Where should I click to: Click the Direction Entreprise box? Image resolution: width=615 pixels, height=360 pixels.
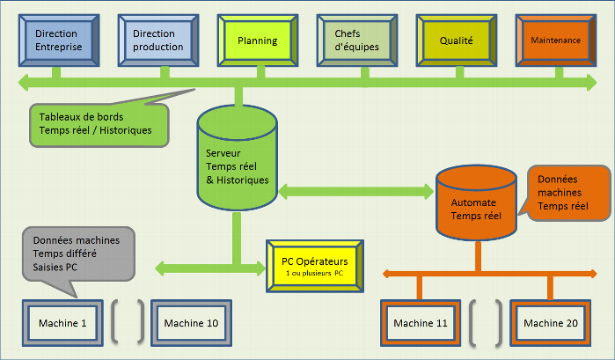click(x=56, y=40)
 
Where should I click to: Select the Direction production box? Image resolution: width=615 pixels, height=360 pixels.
click(x=158, y=40)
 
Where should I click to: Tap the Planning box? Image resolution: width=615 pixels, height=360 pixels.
click(x=258, y=40)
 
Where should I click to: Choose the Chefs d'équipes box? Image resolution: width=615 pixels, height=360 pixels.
click(x=357, y=40)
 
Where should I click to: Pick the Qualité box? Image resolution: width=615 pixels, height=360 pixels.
click(x=458, y=40)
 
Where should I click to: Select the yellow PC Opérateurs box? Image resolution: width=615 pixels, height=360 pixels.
click(x=315, y=267)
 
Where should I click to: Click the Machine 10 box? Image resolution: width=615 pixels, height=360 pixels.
click(x=191, y=324)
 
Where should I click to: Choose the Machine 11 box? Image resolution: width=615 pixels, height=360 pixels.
click(x=421, y=324)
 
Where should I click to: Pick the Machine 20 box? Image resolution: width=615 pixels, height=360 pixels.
click(x=551, y=324)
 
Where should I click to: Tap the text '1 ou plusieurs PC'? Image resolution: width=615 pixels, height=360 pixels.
click(x=315, y=276)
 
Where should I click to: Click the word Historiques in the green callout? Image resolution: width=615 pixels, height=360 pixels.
click(x=125, y=130)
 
